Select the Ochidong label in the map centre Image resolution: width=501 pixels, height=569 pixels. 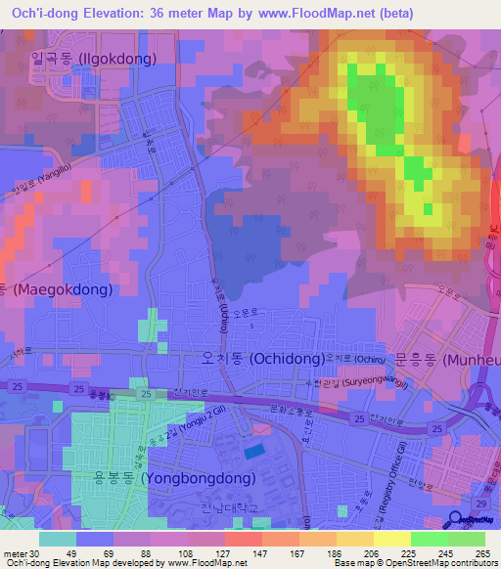coord(262,359)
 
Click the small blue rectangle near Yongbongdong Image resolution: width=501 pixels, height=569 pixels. coord(253,451)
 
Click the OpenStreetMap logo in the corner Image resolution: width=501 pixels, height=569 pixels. coord(472,521)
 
